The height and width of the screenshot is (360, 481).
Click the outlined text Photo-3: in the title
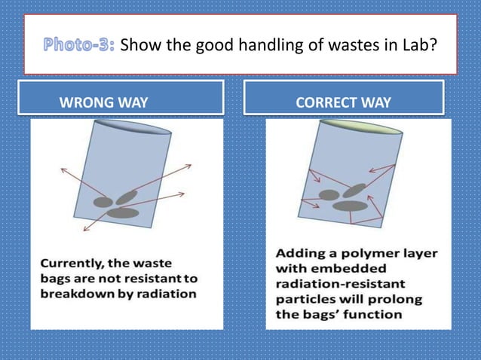(78, 44)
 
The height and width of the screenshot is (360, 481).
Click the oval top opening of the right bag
(353, 127)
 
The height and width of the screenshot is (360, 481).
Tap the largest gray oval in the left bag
(122, 213)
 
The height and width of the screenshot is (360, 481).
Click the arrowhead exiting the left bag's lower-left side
(85, 227)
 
